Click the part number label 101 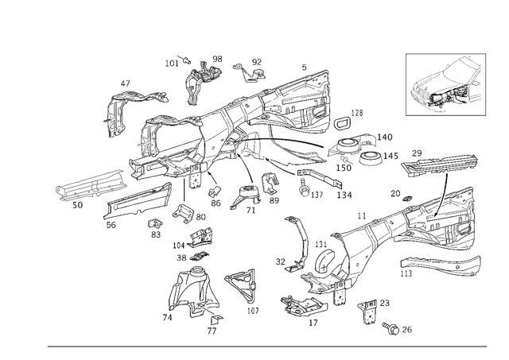pos(172,63)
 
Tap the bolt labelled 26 pos(390,328)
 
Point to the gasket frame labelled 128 pos(342,123)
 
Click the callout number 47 pos(126,83)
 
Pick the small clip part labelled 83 pos(155,224)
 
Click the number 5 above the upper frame pos(304,68)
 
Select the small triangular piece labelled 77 pos(217,319)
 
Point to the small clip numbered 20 pos(406,198)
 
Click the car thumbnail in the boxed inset pos(445,84)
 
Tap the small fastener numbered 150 pos(344,159)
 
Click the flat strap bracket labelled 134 pos(320,179)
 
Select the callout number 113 pos(406,273)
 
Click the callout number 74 pos(167,318)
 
